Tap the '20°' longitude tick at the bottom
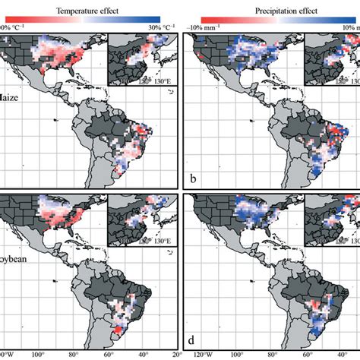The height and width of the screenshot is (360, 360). point(176,354)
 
